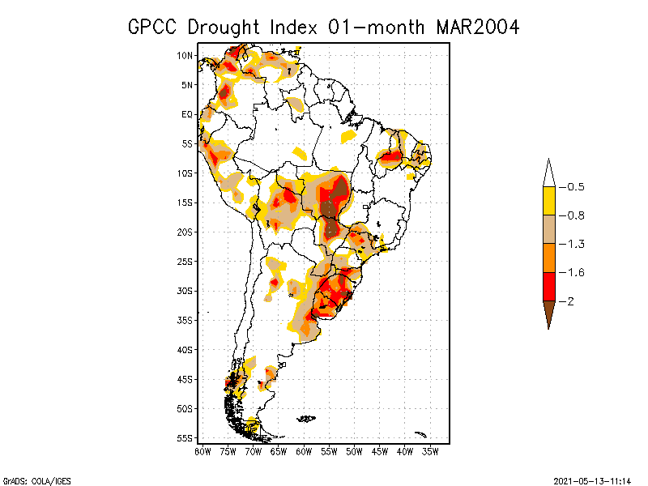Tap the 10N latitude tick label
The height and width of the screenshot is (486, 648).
[186, 56]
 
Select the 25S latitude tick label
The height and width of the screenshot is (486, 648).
[186, 262]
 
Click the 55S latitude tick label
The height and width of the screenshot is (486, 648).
[186, 438]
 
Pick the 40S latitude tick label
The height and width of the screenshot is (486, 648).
[186, 350]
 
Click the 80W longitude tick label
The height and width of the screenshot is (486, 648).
[202, 451]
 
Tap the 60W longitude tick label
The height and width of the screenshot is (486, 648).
[304, 451]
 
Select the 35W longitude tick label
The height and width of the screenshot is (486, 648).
[430, 451]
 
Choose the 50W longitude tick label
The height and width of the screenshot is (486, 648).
[354, 451]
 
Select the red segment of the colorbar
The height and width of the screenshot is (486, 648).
[548, 286]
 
